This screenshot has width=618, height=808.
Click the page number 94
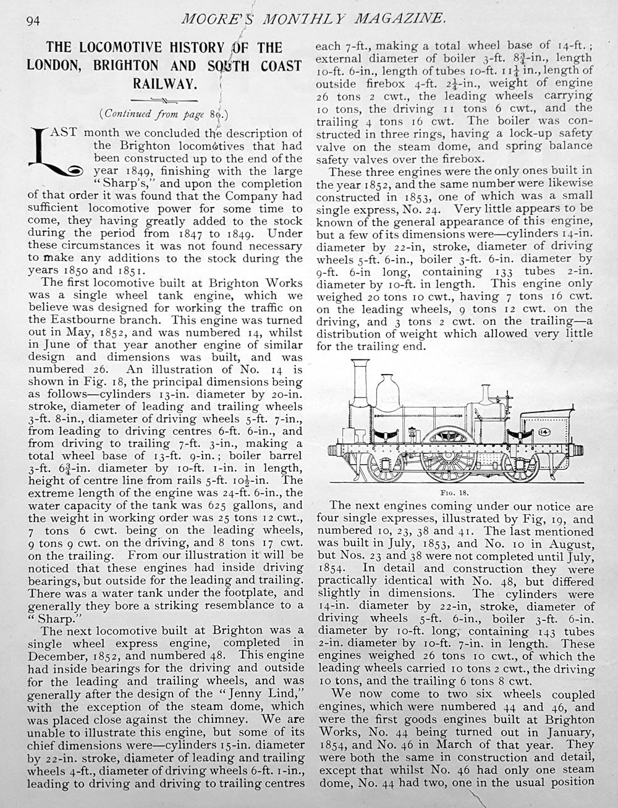point(33,20)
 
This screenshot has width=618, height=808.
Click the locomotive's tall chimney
point(360,389)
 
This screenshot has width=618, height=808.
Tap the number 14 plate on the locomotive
point(545,431)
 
